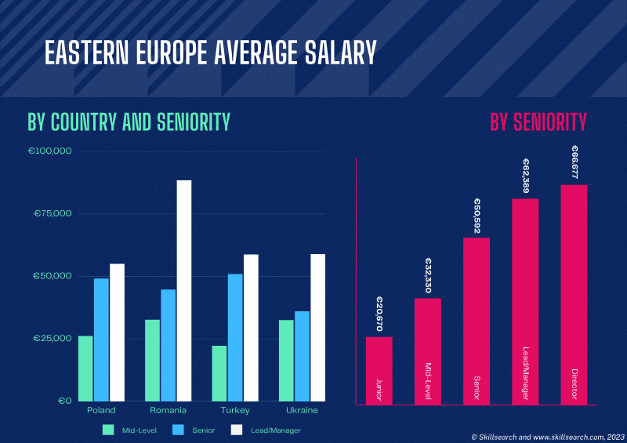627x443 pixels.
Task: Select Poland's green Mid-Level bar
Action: pyautogui.click(x=85, y=368)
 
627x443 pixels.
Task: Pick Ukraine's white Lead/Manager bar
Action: pyautogui.click(x=317, y=327)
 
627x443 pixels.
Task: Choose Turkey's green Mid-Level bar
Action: pyautogui.click(x=219, y=373)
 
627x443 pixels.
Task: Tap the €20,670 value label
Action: pyautogui.click(x=379, y=314)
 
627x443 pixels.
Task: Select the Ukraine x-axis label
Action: pyautogui.click(x=303, y=410)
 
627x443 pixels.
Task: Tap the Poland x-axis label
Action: pyautogui.click(x=101, y=410)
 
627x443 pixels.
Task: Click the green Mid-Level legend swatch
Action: pyautogui.click(x=108, y=430)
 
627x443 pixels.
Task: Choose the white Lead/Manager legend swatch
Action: pyautogui.click(x=237, y=430)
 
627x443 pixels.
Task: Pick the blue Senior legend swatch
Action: pyautogui.click(x=178, y=430)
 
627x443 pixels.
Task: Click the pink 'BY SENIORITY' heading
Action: pyautogui.click(x=538, y=122)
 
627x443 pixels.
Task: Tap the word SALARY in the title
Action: pyautogui.click(x=333, y=53)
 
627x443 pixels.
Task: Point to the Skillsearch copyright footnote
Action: pyautogui.click(x=548, y=436)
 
